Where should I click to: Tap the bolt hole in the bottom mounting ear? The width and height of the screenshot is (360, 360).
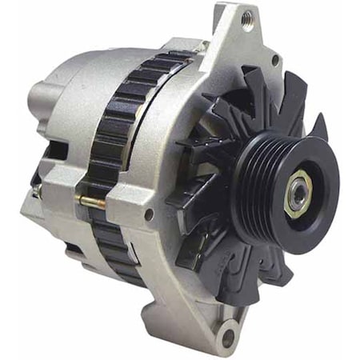pyautogui.click(x=230, y=330)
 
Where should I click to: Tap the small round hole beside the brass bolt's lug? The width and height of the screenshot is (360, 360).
pyautogui.click(x=148, y=214)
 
